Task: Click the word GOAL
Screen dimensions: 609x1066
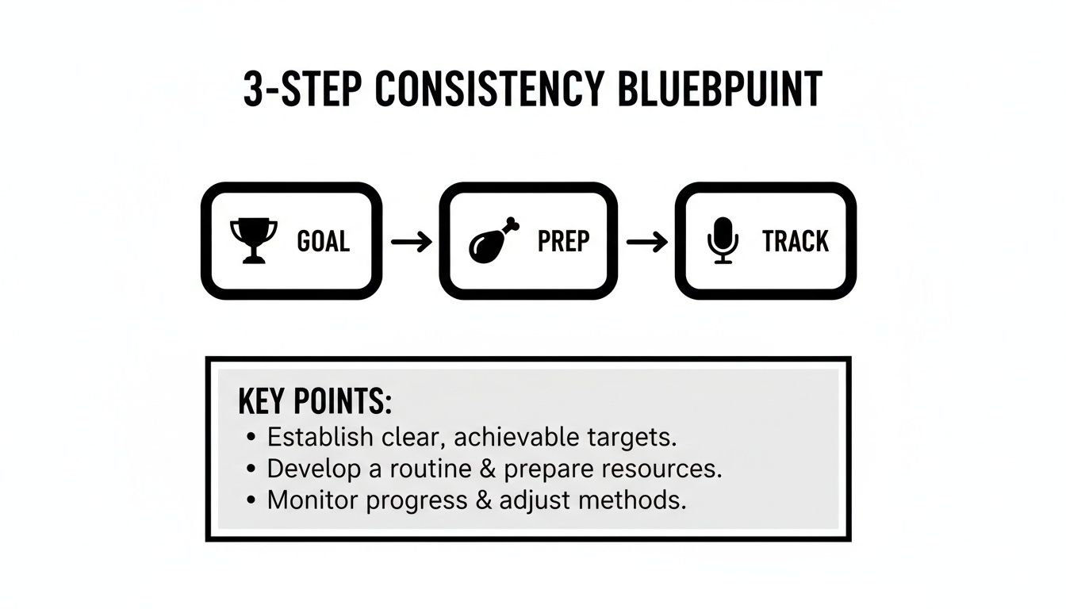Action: [323, 241]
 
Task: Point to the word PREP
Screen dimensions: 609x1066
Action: [564, 241]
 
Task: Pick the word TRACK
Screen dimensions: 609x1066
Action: [796, 241]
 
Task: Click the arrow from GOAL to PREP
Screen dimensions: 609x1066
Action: [411, 241]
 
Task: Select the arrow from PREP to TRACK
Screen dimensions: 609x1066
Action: [646, 241]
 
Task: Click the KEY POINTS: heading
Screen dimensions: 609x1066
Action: [315, 403]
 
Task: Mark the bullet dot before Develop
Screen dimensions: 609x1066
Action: [251, 469]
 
